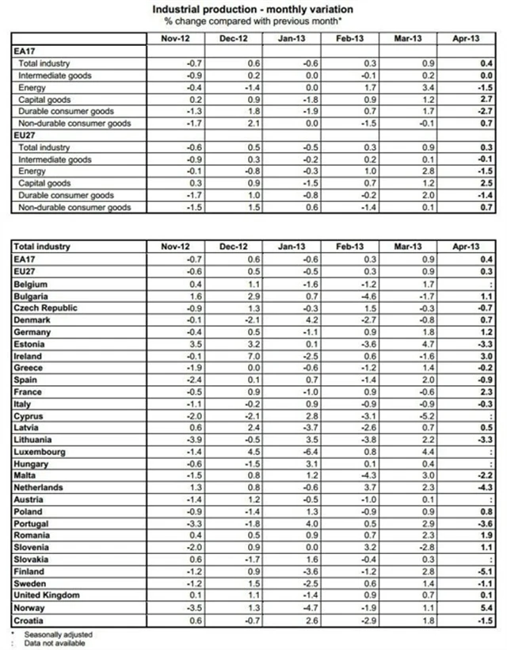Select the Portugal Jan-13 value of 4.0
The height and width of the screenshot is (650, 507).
pos(318,524)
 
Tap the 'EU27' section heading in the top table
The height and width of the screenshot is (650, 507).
pos(24,136)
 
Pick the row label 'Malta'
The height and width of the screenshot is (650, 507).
pos(26,476)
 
